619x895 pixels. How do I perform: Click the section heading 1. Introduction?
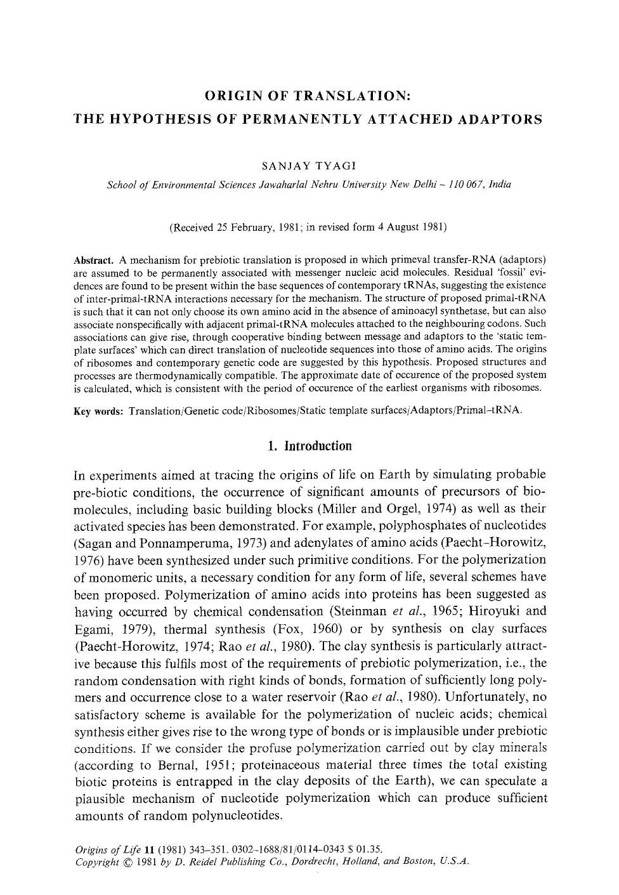click(309, 446)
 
